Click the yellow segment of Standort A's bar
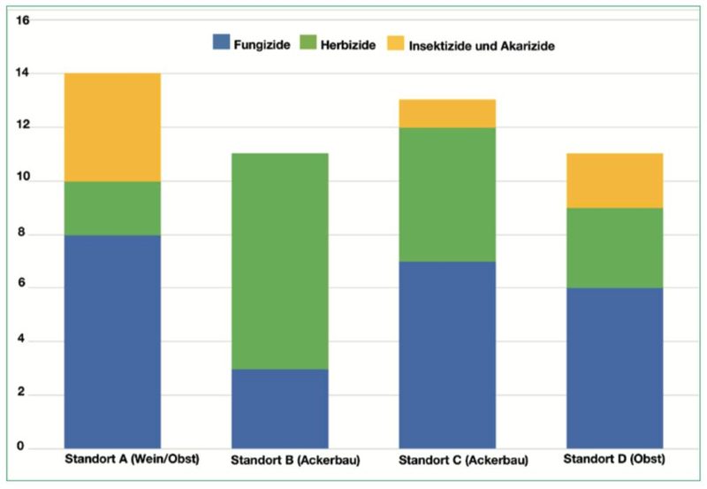113,127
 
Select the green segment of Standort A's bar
113,209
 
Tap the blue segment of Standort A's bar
113,341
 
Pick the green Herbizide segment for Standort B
280,261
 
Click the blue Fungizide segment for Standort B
280,409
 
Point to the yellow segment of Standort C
447,113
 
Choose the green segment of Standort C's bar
447,195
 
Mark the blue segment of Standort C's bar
447,355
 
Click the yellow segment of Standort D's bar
614,180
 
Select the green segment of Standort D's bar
614,248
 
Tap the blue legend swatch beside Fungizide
222,42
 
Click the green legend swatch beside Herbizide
308,42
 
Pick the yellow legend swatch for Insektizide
395,42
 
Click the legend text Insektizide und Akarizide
482,46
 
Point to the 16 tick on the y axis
23,20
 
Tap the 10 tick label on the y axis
23,177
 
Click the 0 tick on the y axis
20,446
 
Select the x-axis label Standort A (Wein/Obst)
132,459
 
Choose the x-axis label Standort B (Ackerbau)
295,460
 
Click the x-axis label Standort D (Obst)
614,459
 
